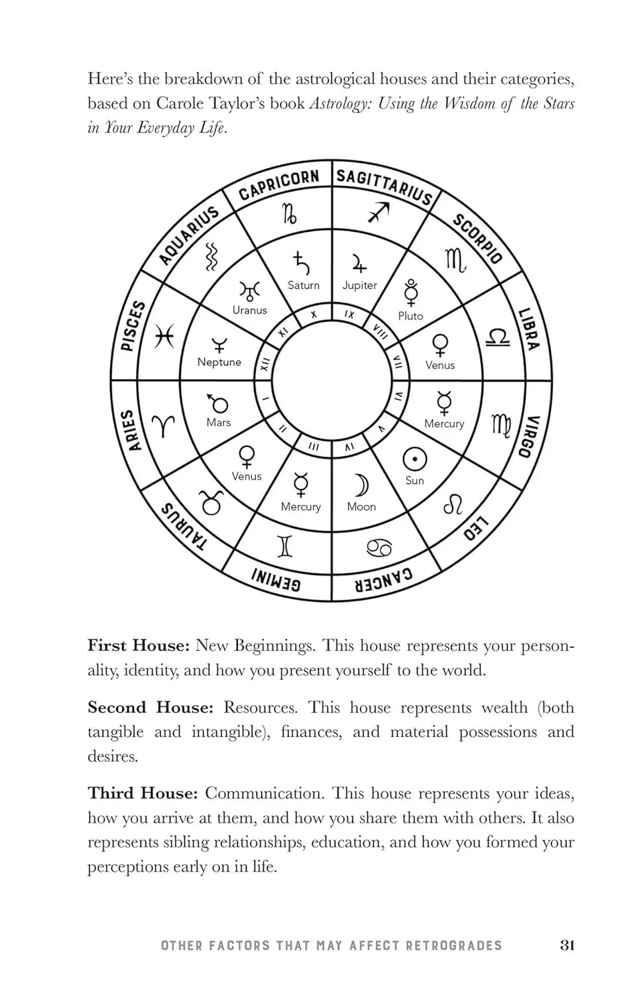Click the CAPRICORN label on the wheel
pos(278,185)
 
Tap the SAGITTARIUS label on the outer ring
pos(384,186)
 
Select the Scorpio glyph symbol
pos(455,260)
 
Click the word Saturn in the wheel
pos(304,286)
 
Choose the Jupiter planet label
pos(359,286)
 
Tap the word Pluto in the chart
pos(410,316)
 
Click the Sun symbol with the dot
pos(415,459)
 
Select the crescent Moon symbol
pos(361,485)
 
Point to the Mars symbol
pos(217,404)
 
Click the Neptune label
pos(219,362)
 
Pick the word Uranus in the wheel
pos(250,310)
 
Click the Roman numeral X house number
pos(314,315)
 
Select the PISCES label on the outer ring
pos(133,326)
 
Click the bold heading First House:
pos(139,645)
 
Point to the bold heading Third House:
pos(143,793)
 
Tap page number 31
pos(566,945)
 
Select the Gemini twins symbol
pos(285,545)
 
